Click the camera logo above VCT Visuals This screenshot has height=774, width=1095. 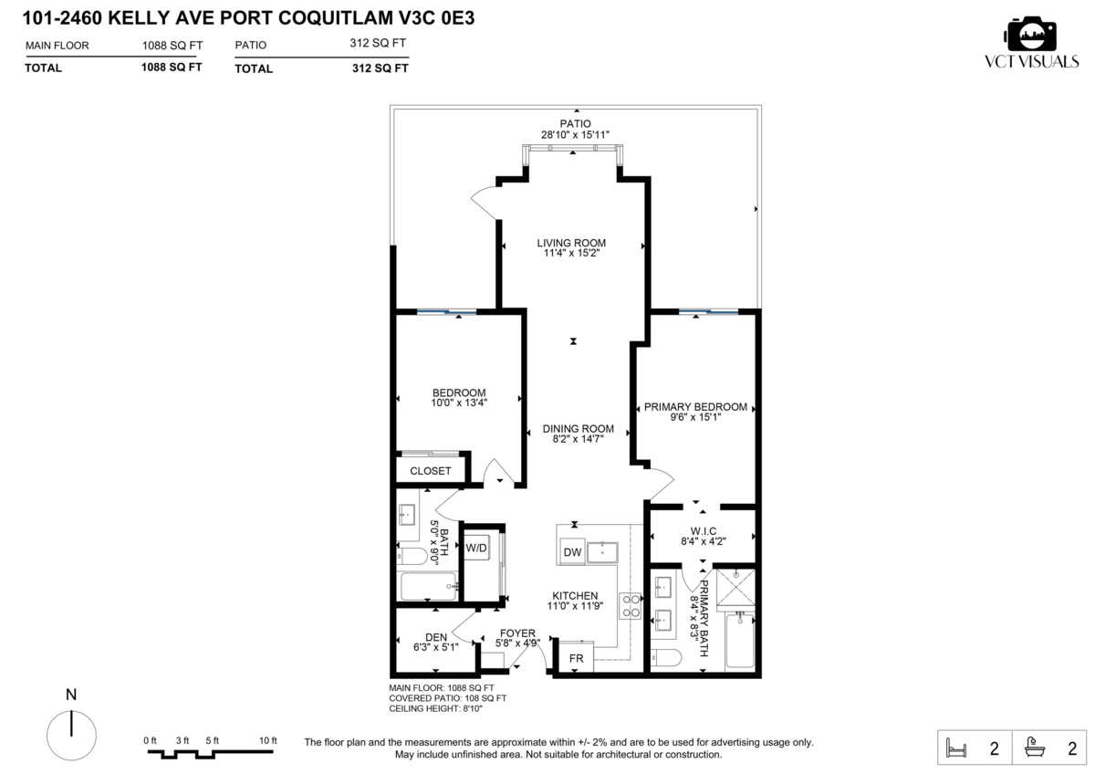pos(1030,33)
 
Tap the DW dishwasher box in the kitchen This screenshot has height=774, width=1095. pos(572,552)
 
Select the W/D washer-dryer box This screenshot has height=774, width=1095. pos(476,548)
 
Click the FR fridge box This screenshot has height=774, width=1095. pos(577,658)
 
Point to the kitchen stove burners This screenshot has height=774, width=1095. pos(630,606)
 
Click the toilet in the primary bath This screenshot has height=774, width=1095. pos(666,658)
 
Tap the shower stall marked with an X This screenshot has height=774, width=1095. pos(735,587)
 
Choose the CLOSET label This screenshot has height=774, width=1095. pos(430,471)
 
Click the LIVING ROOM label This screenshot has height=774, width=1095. pos(571,243)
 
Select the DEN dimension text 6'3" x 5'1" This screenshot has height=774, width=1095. pos(436,647)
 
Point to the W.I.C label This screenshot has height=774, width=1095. pos(704,531)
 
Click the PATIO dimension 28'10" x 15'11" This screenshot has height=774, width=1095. pos(576,134)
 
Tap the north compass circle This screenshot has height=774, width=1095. pos(71,736)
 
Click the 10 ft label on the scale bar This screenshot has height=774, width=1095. pos(268,740)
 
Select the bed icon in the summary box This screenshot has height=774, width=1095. pos(956,748)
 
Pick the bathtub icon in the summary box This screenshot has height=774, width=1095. pos(1035,748)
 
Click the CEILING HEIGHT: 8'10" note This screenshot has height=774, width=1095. pos(435,708)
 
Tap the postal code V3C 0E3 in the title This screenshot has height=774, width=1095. pos(436,18)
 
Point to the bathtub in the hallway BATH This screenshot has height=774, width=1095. pos(429,586)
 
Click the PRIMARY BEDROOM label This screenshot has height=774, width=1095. pos(695,407)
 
